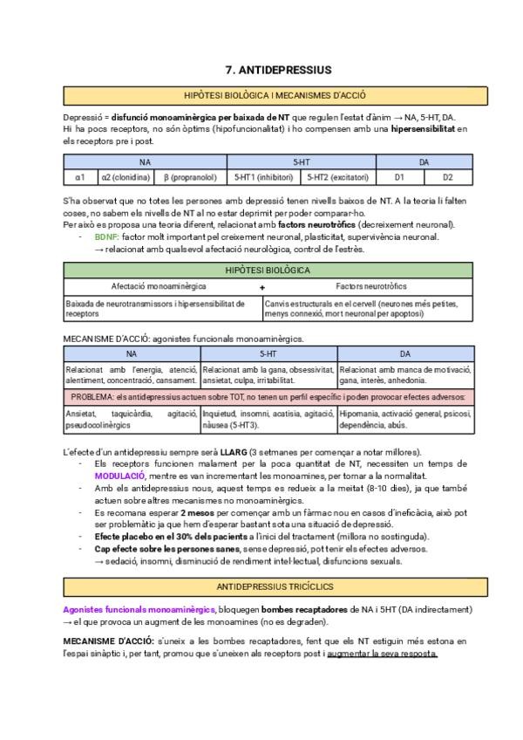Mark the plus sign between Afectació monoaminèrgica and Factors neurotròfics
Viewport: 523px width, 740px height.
pyautogui.click(x=261, y=286)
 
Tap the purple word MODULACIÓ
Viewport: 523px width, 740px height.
pyautogui.click(x=120, y=476)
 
